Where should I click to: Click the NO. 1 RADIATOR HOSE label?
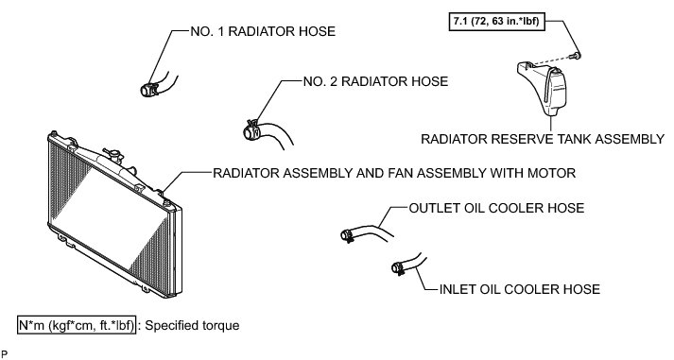pos(263,32)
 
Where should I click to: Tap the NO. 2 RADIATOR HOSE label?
pos(375,81)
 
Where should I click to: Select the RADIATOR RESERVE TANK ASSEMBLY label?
pos(543,139)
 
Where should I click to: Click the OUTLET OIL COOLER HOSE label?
pos(496,209)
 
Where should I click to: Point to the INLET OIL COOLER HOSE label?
pos(520,289)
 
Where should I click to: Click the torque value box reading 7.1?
pos(497,21)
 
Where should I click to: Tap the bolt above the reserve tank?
pos(575,56)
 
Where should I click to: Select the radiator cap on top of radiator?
pos(113,155)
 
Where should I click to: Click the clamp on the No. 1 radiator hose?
pos(148,90)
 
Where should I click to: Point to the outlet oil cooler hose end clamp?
pos(347,235)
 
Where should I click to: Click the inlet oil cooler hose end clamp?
pos(398,268)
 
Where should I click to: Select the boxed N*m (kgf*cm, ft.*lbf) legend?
pos(77,326)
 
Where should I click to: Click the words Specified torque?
pos(192,326)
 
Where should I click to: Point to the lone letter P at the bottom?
pos(5,354)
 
